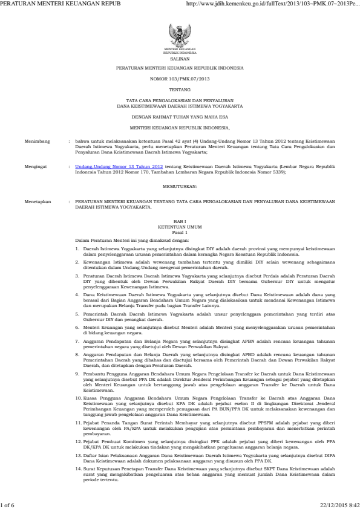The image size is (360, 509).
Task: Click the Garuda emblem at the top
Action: pyautogui.click(x=180, y=34)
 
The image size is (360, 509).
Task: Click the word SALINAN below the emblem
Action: pyautogui.click(x=180, y=59)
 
